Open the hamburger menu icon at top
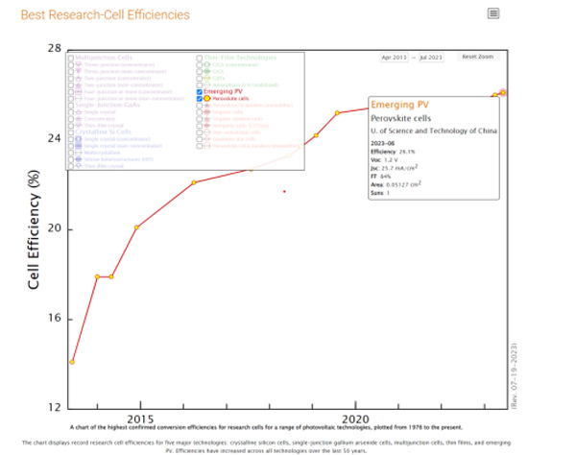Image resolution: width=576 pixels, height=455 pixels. click(x=493, y=13)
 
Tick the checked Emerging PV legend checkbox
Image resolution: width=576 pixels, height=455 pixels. click(x=200, y=91)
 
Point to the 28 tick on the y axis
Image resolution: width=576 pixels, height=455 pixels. click(x=55, y=49)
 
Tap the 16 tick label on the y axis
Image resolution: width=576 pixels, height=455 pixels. click(x=55, y=319)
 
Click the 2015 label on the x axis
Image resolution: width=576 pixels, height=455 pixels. click(x=140, y=419)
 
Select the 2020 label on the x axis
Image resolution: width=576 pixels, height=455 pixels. click(x=356, y=419)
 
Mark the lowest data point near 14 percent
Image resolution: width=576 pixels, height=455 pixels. click(x=72, y=362)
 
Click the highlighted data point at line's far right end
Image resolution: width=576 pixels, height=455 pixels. click(x=503, y=92)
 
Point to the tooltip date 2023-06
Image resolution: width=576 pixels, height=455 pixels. click(x=385, y=143)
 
